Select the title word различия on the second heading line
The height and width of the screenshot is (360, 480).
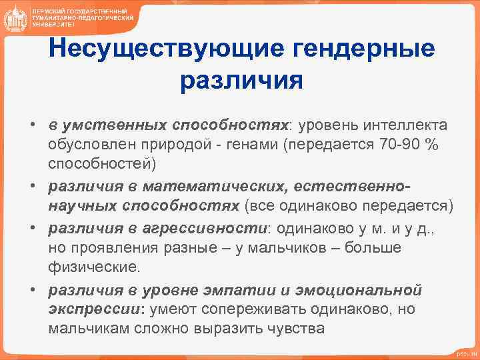tap(241, 81)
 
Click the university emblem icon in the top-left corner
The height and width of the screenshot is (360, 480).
tap(14, 18)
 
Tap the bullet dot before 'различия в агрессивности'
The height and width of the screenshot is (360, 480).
tap(31, 229)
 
